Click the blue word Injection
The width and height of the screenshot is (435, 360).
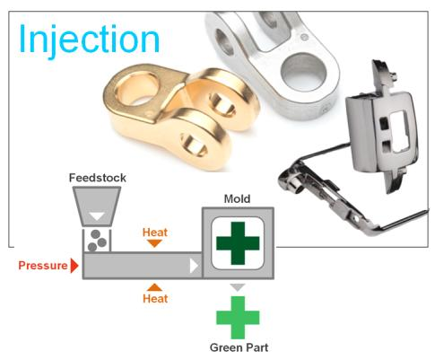89,40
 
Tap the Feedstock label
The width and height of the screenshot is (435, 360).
98,178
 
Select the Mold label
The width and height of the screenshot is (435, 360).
237,198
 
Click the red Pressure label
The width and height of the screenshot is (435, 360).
43,266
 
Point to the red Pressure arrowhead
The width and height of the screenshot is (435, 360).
74,266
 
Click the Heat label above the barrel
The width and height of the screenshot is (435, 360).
155,233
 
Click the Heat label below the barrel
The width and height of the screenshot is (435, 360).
155,298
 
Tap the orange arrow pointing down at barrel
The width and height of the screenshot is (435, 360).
154,243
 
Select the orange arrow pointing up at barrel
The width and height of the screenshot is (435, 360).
154,287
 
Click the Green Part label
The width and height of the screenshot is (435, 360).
239,347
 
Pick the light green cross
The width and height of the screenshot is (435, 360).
238,318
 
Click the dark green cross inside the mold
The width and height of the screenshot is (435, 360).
238,243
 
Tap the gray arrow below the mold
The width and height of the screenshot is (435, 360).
238,287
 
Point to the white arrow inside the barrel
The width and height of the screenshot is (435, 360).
194,266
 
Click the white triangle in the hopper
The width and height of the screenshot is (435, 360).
97,216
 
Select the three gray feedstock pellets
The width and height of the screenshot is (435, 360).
97,241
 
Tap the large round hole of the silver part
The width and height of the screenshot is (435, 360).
302,71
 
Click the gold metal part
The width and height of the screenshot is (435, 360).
181,117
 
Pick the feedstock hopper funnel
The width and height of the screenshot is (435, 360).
97,206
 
